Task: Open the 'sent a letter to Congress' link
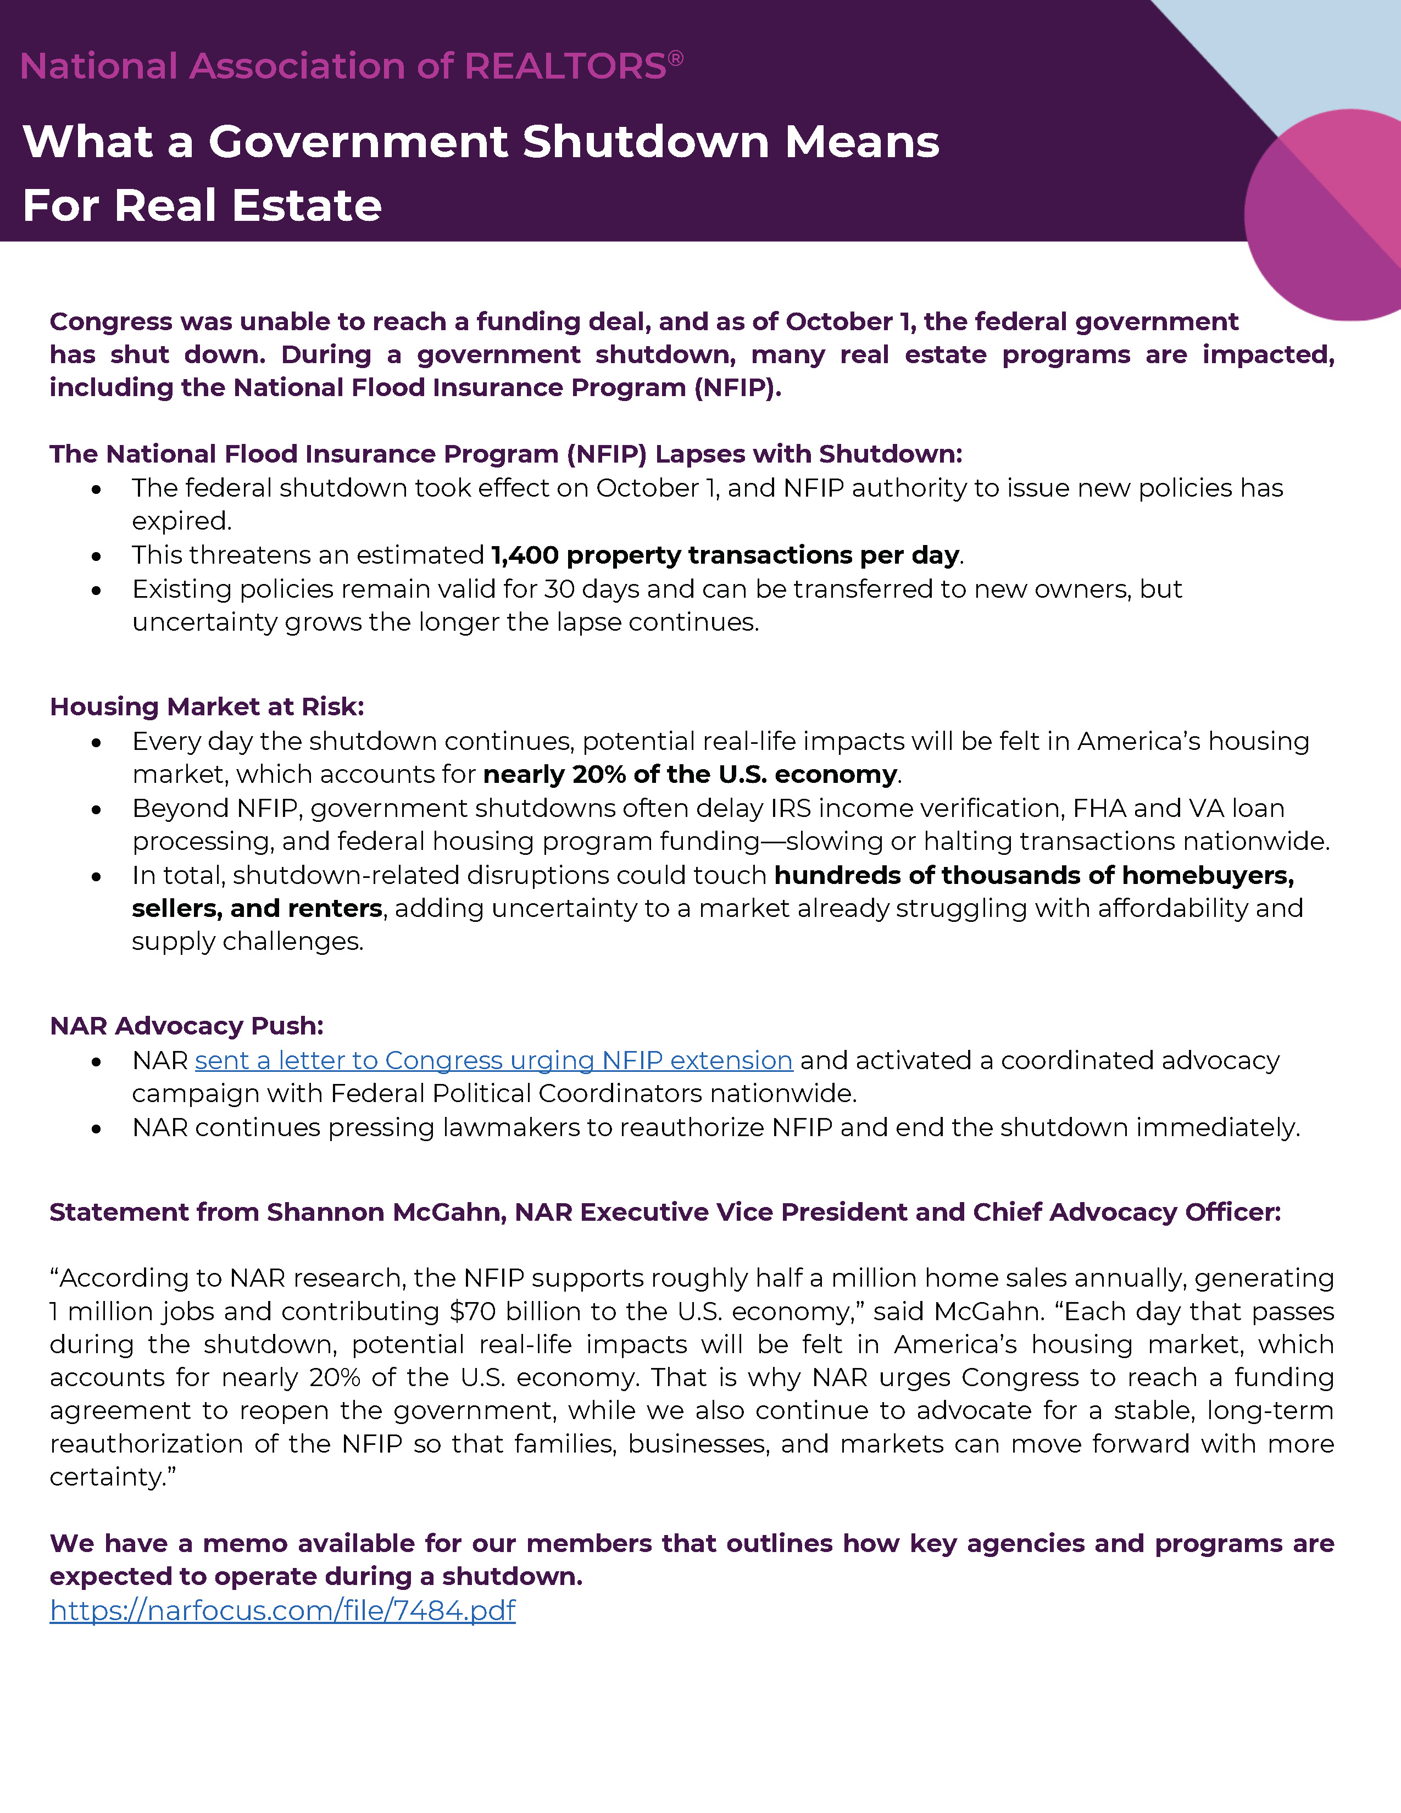(493, 1060)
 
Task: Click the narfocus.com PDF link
(282, 1610)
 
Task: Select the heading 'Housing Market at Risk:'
(207, 707)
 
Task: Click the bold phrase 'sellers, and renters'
(257, 908)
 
